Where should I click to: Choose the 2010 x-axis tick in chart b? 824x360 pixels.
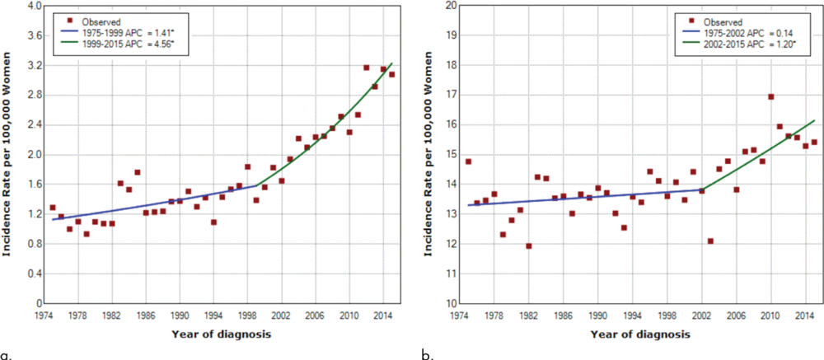point(770,314)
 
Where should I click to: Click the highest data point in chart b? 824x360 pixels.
point(771,97)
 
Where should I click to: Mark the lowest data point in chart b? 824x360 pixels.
point(528,246)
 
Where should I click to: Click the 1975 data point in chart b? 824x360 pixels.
point(468,161)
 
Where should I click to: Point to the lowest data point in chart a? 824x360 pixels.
point(87,234)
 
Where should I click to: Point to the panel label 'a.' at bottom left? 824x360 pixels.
point(7,354)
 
